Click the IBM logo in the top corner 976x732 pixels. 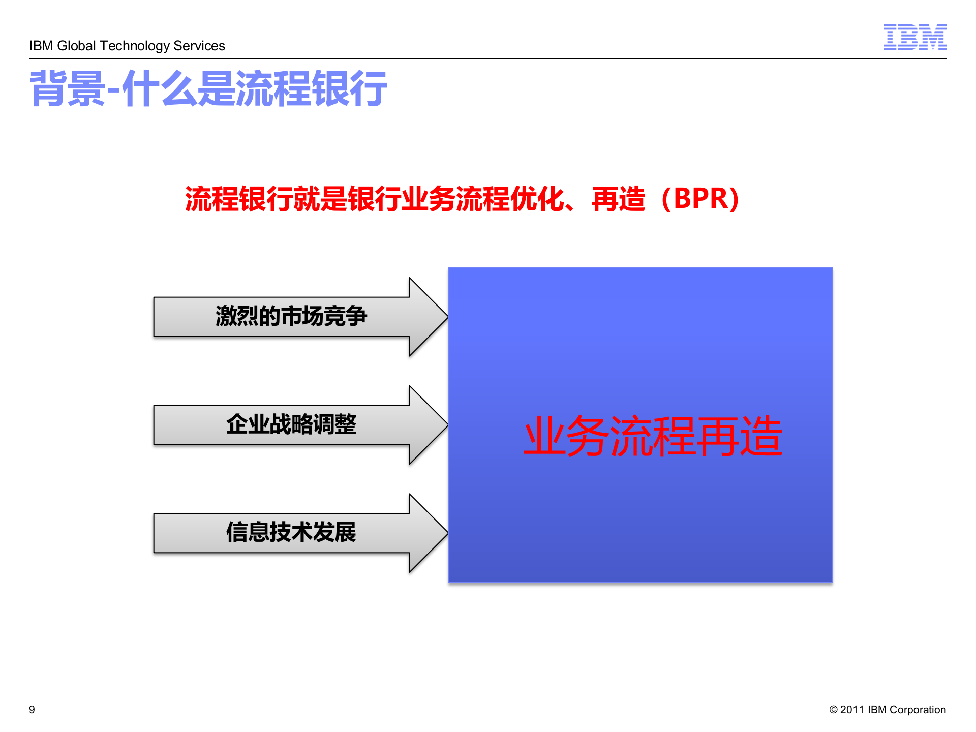point(914,37)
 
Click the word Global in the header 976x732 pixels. point(76,46)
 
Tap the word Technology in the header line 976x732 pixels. point(135,46)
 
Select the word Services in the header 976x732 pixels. point(199,46)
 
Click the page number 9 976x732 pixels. point(32,710)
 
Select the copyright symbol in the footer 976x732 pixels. point(833,710)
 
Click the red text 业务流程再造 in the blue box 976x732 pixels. point(653,436)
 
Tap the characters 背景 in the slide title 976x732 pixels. point(68,89)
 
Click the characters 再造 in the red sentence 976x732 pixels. point(619,199)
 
